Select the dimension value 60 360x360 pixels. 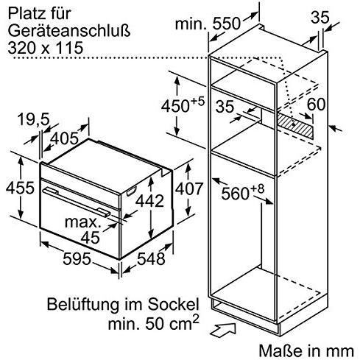click(315, 105)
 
